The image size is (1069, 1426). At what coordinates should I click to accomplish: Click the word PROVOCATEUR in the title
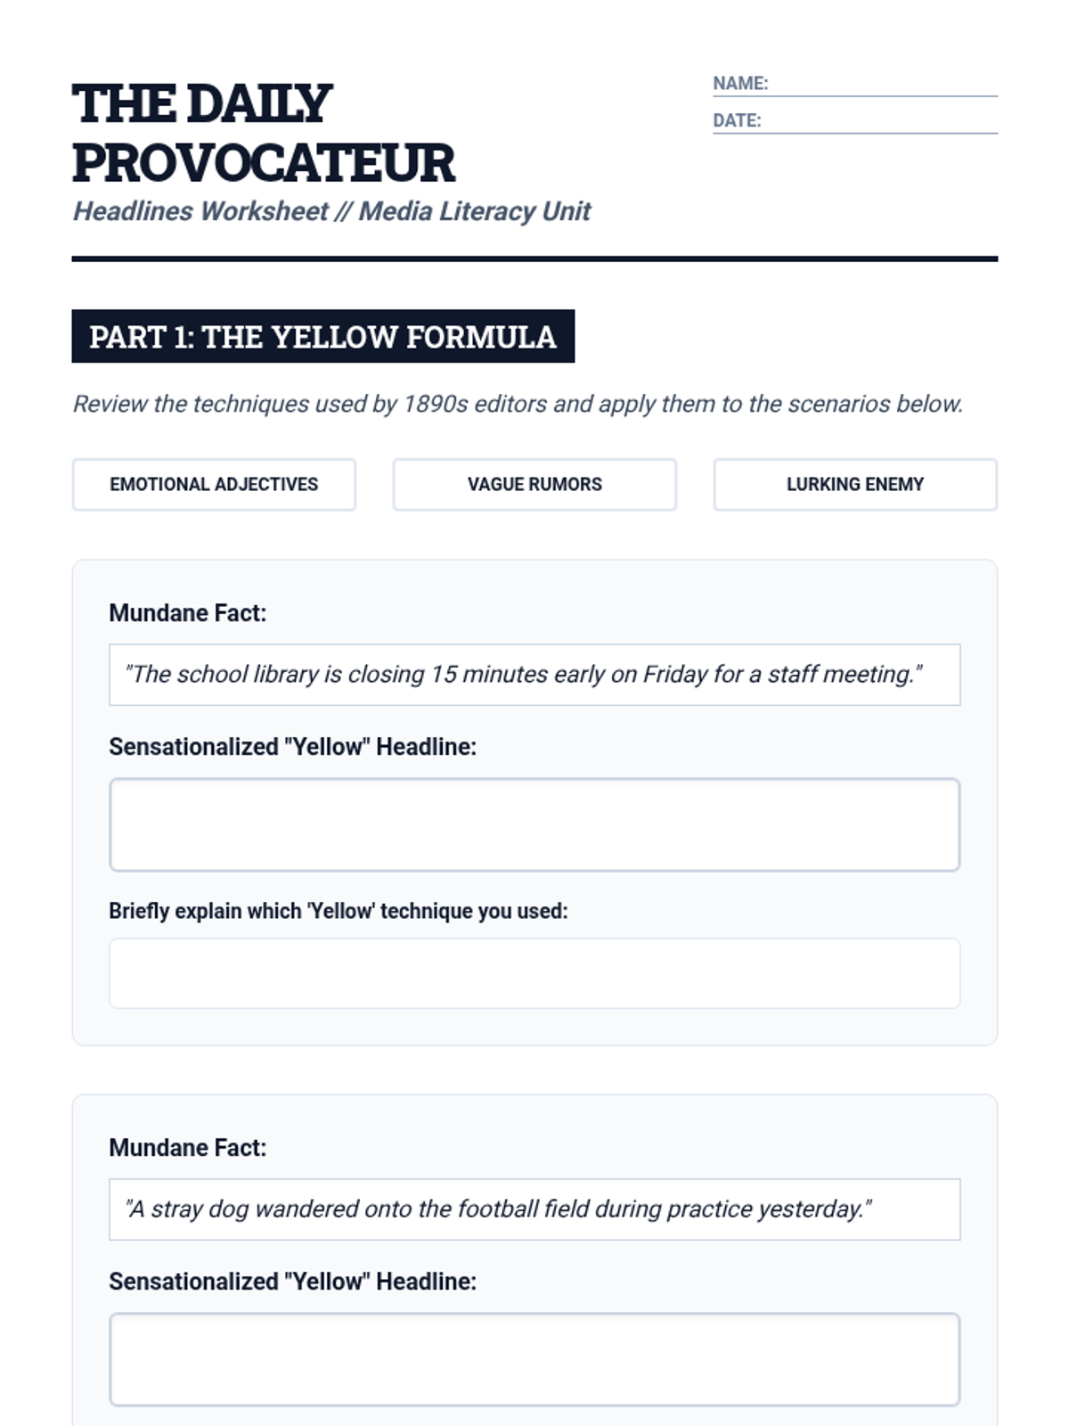pos(264,163)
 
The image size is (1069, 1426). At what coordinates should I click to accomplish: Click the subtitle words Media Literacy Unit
pos(475,211)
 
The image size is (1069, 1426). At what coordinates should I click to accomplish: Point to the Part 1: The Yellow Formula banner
pos(322,337)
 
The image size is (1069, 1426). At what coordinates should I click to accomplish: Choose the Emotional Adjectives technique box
pos(214,485)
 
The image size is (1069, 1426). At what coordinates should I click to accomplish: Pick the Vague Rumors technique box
pos(534,485)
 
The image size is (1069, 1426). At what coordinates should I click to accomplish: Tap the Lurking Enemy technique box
pos(855,485)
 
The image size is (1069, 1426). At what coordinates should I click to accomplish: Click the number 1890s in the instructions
pos(436,405)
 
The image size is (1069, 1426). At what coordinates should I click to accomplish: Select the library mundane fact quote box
pos(534,675)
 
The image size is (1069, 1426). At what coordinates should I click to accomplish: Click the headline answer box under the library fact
pos(534,824)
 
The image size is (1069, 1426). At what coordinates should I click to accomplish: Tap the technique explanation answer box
pos(534,973)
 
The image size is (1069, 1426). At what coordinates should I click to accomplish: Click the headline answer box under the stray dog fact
pos(534,1359)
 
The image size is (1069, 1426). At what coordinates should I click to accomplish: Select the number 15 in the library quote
pos(443,675)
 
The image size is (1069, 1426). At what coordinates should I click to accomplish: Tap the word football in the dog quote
pos(498,1209)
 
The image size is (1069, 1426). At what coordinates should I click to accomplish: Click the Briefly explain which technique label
pos(338,911)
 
